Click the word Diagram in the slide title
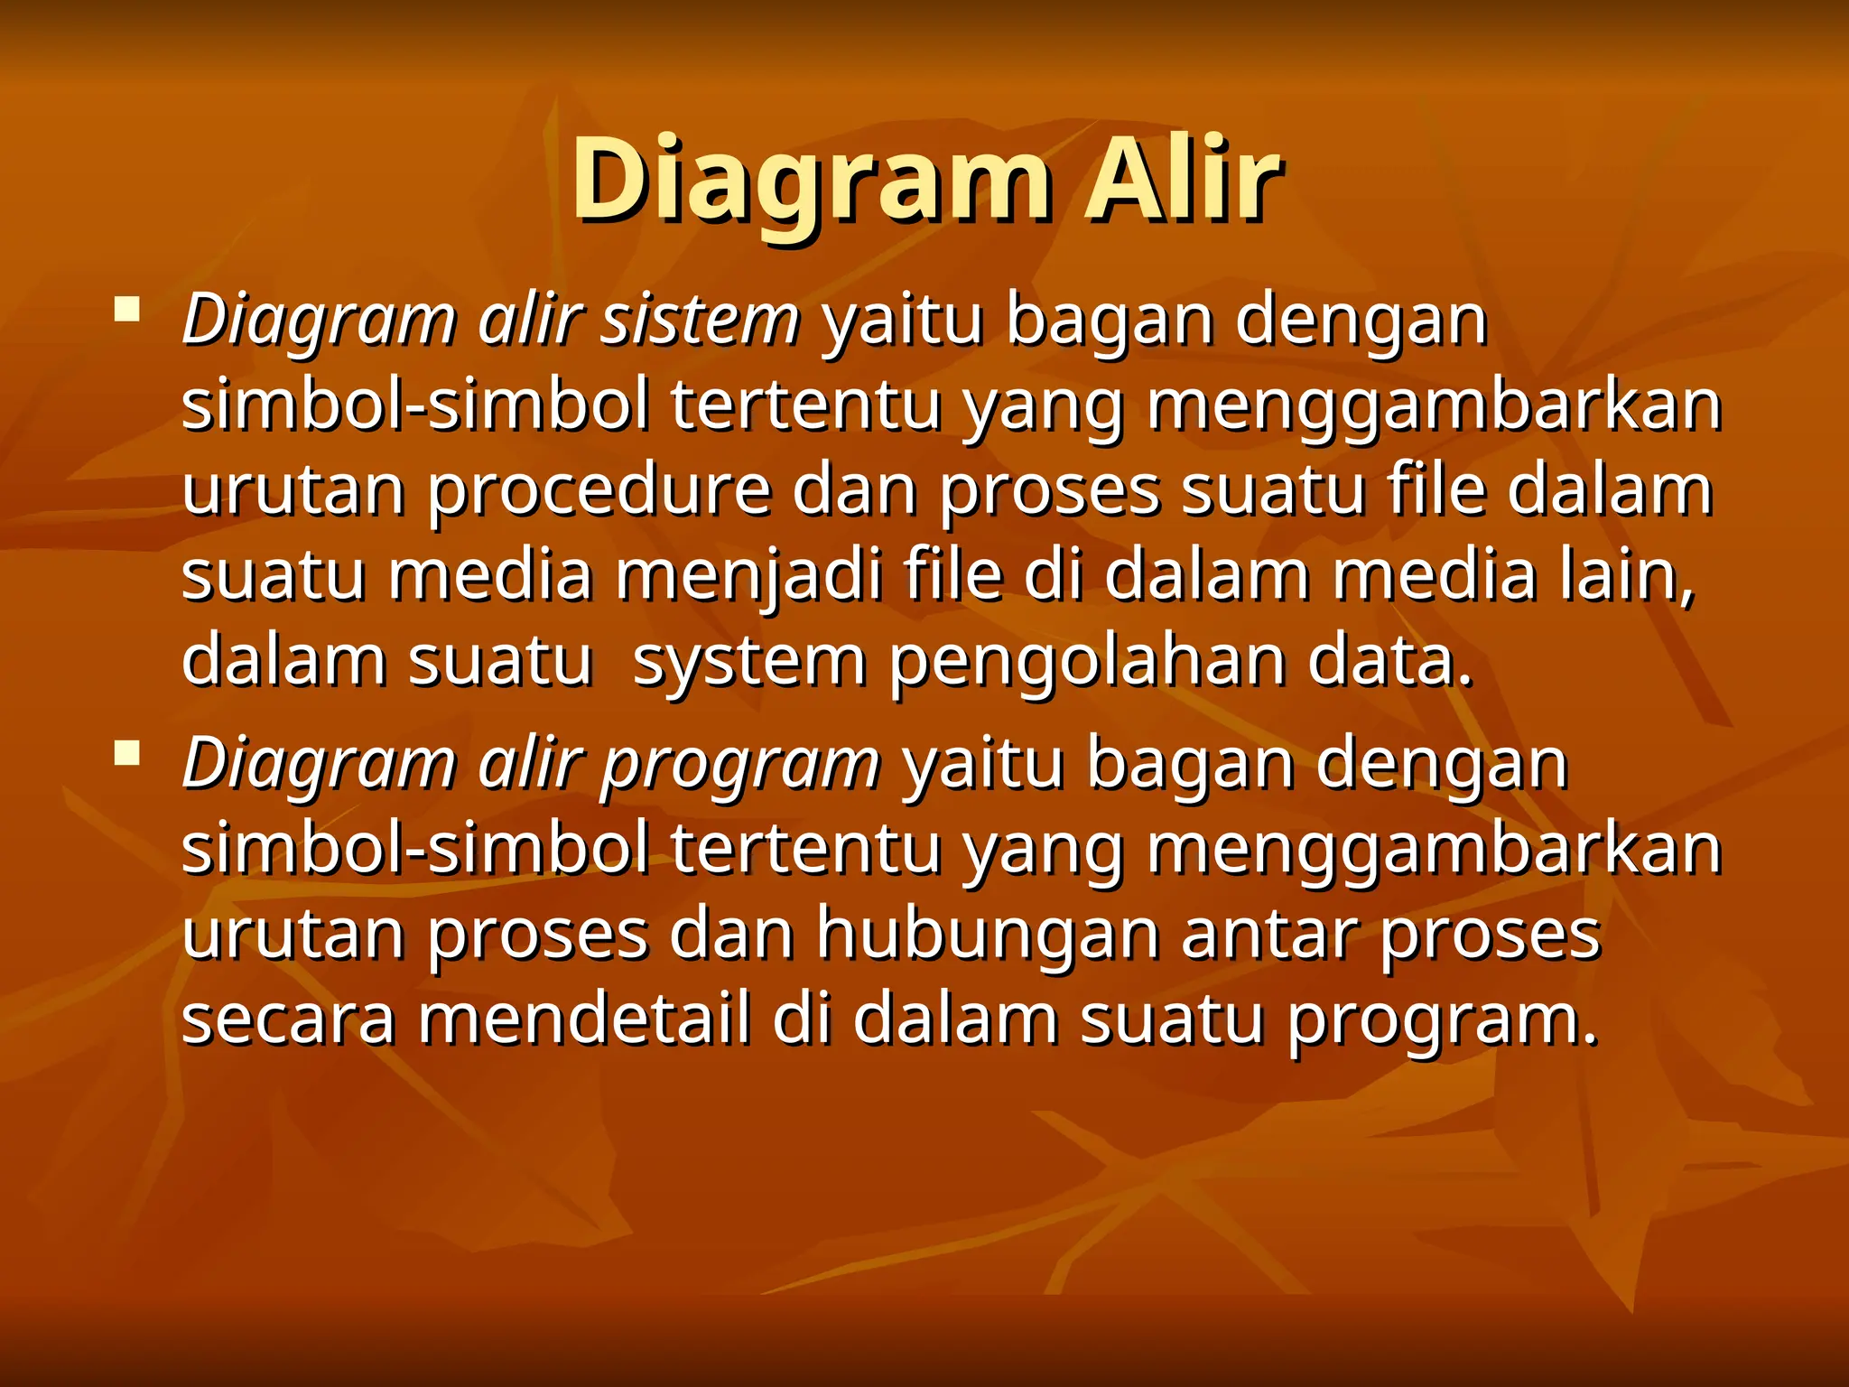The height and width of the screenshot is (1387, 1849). pos(810,181)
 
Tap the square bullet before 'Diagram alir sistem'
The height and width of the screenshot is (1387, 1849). pos(127,312)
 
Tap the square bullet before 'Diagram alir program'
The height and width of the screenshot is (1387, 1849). pos(127,752)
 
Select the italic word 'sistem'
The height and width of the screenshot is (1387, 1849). pos(701,320)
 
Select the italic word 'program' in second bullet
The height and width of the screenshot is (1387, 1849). pos(740,764)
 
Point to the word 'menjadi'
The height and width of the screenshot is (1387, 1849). pos(748,575)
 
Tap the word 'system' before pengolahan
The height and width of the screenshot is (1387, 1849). pos(748,661)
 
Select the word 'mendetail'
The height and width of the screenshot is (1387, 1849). pos(583,1019)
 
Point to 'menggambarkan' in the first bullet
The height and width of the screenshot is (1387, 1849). pos(1435,406)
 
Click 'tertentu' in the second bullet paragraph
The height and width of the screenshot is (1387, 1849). pos(805,849)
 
